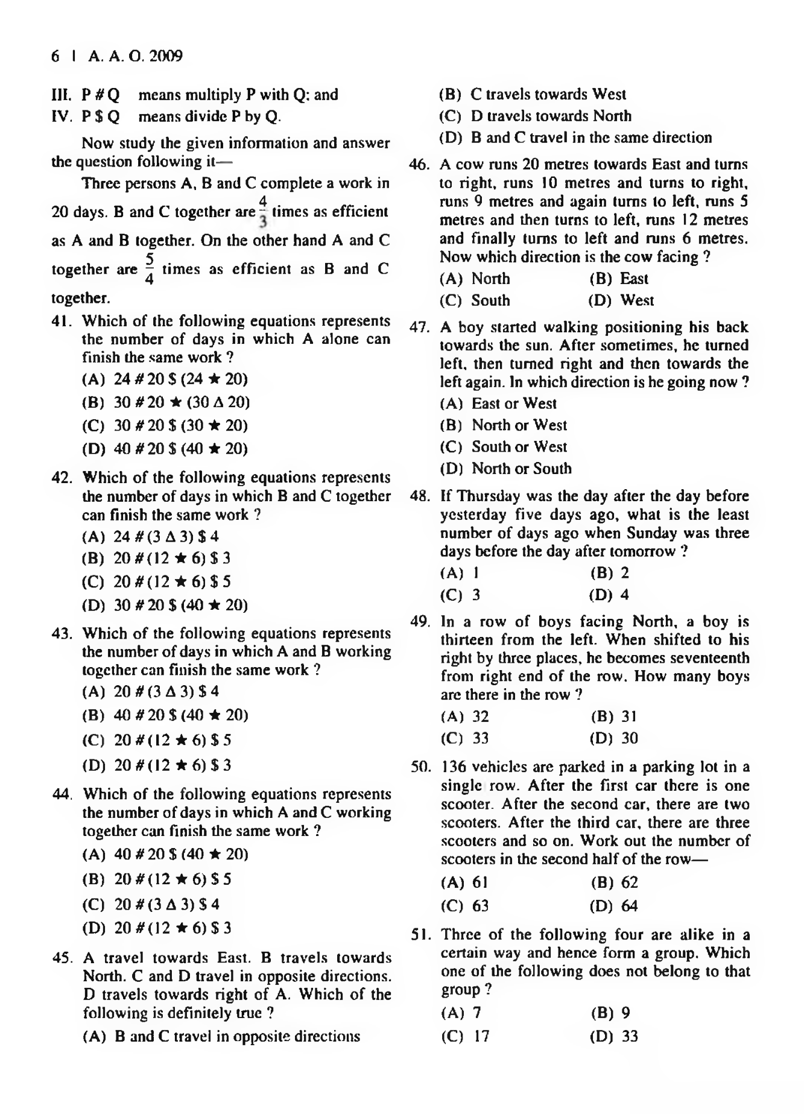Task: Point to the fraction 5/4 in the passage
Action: coord(149,269)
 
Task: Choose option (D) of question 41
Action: coord(165,449)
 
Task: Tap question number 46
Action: coord(418,165)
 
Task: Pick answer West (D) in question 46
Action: coord(637,300)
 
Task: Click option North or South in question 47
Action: coord(521,469)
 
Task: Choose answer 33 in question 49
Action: coord(480,738)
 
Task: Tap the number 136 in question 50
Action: coord(454,767)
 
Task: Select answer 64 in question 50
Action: coord(629,906)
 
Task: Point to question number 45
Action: coord(62,958)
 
